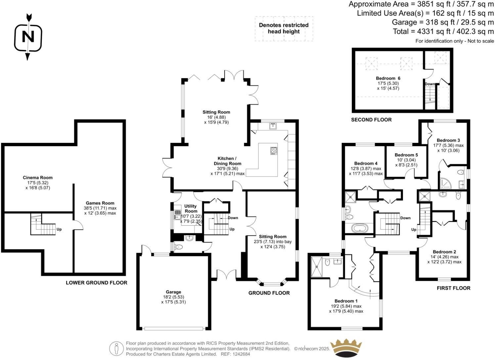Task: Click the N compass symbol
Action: click(28, 37)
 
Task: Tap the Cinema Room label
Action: click(38, 177)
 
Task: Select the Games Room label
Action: click(100, 203)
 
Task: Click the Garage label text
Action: click(173, 292)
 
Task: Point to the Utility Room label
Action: click(191, 208)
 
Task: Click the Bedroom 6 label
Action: click(388, 78)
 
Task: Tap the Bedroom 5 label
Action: click(406, 155)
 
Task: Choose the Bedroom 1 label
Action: click(346, 301)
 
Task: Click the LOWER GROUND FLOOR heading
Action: click(97, 283)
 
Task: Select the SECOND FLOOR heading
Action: click(371, 120)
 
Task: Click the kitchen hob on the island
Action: click(274, 151)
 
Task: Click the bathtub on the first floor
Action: click(360, 228)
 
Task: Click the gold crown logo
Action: click(346, 348)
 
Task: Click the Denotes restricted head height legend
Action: click(284, 28)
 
